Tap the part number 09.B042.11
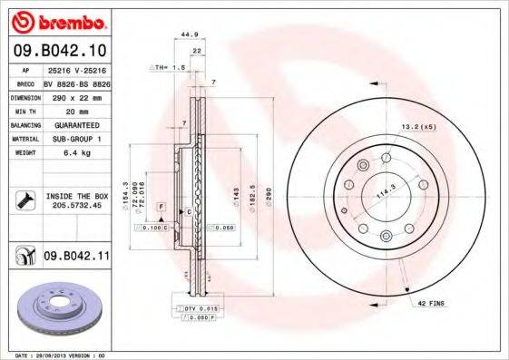(75, 257)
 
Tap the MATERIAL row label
(24, 140)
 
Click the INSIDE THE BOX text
(77, 196)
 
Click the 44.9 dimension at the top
(189, 34)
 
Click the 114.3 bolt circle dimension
(390, 182)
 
